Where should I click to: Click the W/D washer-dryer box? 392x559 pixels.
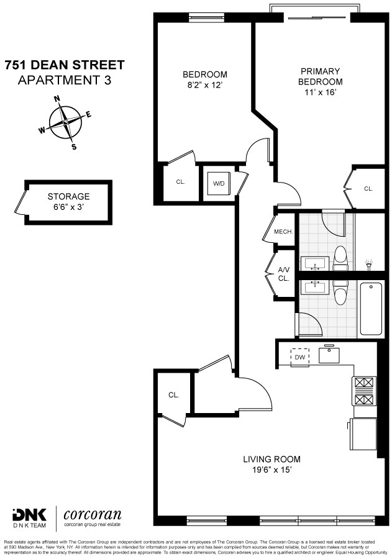point(219,183)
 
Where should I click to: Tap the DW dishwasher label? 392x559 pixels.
point(299,357)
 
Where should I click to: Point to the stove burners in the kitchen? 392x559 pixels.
point(365,389)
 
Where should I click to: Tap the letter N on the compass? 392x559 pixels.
point(57,99)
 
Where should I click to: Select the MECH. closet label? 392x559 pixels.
point(283,232)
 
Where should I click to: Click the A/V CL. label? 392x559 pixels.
point(283,274)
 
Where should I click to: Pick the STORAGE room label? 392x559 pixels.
point(68,196)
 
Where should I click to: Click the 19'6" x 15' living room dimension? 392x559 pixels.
point(271,470)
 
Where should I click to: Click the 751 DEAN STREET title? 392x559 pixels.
point(65,65)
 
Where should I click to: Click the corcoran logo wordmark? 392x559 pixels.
point(93,515)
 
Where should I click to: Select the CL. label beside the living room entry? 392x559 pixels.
point(173,394)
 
